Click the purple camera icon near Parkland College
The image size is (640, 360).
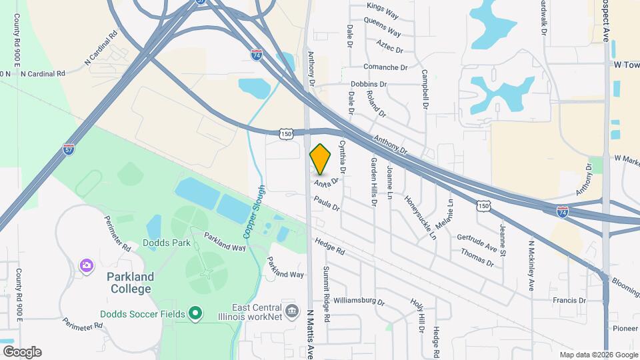86,266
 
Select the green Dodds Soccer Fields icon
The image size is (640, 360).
195,313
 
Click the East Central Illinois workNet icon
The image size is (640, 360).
291,311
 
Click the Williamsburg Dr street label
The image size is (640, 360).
359,301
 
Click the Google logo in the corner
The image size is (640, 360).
21,352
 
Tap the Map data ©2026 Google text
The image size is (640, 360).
599,355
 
